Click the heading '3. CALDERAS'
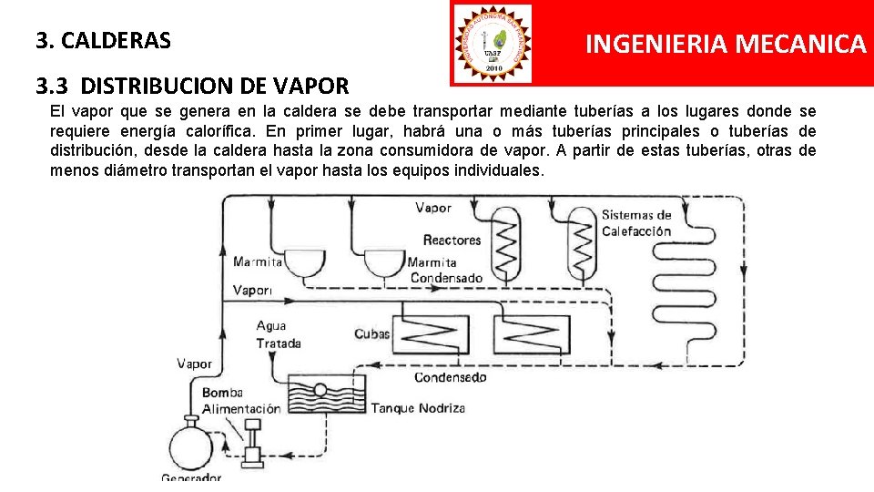coord(103,41)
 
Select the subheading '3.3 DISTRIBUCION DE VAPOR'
coord(192,87)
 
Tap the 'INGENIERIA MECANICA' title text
coord(725,44)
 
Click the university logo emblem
coord(493,42)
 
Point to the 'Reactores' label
coord(452,241)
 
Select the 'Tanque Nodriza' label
coord(418,407)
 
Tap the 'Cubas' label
coord(371,333)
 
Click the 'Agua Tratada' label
coord(277,334)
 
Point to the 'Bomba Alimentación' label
coord(240,401)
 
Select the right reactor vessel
coord(581,241)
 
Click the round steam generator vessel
coord(190,447)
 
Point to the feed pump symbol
coord(251,444)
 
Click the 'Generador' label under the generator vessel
coord(191,478)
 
